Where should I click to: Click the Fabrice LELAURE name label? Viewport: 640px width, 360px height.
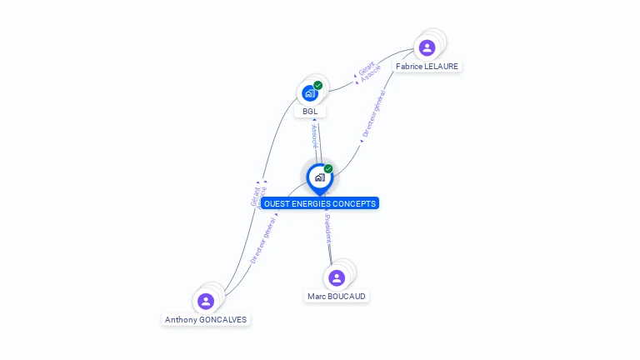click(427, 66)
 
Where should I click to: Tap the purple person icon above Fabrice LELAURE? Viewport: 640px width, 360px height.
click(427, 47)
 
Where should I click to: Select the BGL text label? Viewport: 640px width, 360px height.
click(310, 111)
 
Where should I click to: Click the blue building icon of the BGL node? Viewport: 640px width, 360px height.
click(309, 93)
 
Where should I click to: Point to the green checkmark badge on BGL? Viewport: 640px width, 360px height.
click(318, 85)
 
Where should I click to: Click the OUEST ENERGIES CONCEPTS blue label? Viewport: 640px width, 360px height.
click(320, 203)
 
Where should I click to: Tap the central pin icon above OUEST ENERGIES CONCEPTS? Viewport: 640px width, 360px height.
click(319, 177)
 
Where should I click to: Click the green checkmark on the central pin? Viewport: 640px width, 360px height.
click(328, 169)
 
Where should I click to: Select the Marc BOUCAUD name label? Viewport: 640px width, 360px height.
click(336, 296)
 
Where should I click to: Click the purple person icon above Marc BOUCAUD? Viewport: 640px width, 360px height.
click(337, 277)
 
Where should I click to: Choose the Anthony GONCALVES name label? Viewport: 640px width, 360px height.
click(206, 319)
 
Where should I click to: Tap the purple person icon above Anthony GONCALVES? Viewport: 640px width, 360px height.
click(206, 301)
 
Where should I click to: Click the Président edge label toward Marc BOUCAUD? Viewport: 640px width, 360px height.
click(327, 228)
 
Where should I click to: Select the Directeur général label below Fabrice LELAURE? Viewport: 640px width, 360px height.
click(373, 115)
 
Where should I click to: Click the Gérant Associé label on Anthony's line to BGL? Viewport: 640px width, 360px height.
click(258, 196)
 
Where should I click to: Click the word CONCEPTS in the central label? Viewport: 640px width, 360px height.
click(354, 203)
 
